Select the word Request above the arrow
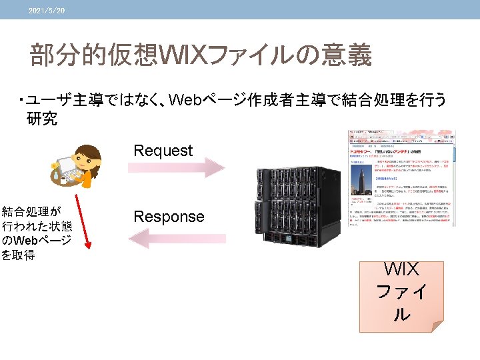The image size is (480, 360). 163,151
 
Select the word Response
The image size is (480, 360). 169,217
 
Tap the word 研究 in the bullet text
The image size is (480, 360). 42,119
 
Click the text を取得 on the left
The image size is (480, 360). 19,255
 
